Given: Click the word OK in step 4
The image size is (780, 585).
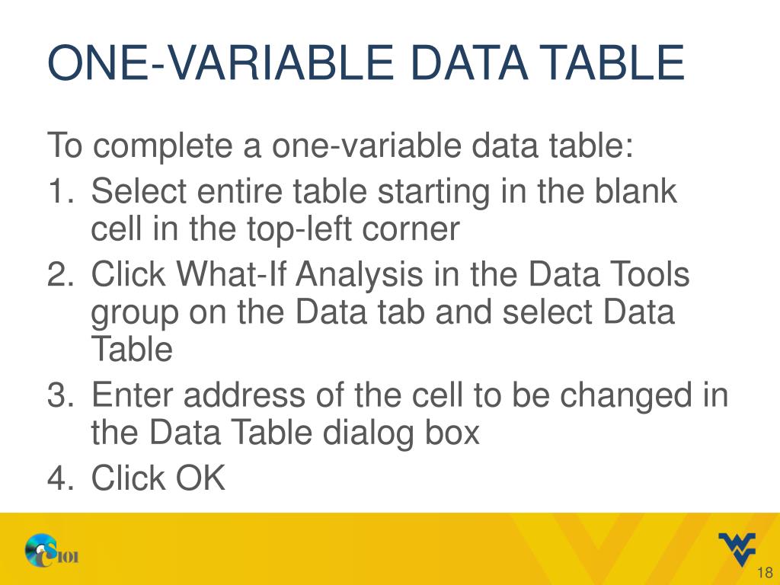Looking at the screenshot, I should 201,479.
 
